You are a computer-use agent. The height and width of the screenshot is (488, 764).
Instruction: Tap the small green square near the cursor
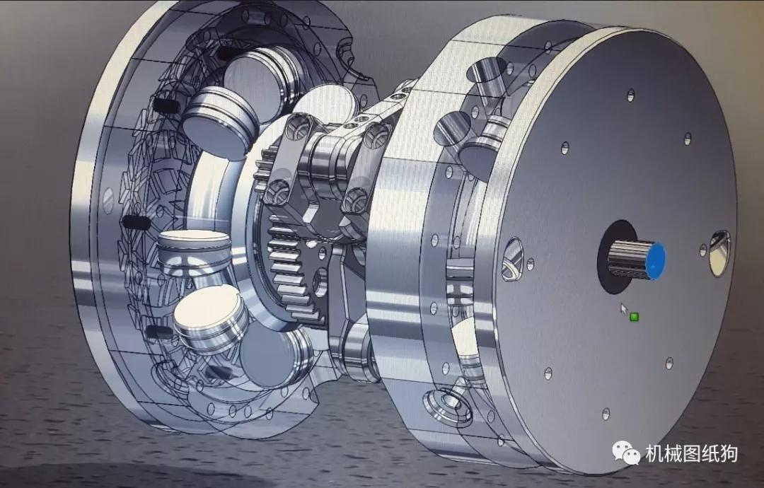click(x=634, y=316)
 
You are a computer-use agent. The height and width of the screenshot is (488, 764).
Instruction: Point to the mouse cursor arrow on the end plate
click(x=623, y=308)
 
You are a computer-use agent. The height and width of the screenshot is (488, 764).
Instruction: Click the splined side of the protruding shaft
click(x=626, y=258)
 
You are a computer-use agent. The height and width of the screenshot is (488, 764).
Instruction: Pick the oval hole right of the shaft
click(x=720, y=252)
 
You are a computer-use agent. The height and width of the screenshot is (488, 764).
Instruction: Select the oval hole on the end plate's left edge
click(x=512, y=257)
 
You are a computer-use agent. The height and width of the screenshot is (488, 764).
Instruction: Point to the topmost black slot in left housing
click(x=228, y=53)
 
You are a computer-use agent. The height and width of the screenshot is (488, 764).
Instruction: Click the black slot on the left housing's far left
click(x=136, y=222)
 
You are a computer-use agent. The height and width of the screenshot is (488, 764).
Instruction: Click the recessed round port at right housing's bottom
click(x=448, y=404)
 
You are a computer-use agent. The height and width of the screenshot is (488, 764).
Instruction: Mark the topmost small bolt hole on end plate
click(x=630, y=93)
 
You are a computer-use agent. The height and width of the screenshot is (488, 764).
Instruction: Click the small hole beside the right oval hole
click(x=702, y=250)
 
